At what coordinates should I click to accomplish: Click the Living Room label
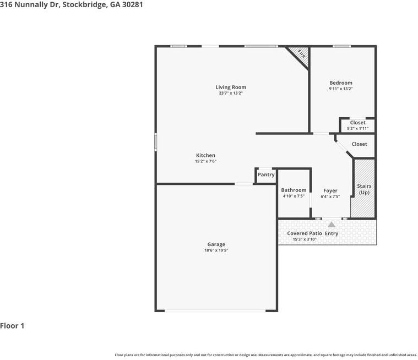(x=231, y=87)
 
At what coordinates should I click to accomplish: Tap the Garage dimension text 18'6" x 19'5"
(x=216, y=250)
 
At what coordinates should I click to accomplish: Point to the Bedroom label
(x=341, y=83)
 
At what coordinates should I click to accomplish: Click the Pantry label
(x=266, y=174)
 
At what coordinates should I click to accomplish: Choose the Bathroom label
(x=294, y=190)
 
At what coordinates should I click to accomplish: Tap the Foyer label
(x=330, y=190)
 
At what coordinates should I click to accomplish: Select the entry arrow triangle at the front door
(x=331, y=225)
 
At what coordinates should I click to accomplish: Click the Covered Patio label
(x=304, y=233)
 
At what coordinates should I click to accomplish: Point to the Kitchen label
(x=205, y=155)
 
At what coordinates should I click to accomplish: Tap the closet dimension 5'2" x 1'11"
(x=357, y=129)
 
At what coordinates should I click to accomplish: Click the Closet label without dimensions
(x=359, y=144)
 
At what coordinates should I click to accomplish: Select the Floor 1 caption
(x=12, y=326)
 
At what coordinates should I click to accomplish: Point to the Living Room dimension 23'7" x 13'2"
(x=231, y=93)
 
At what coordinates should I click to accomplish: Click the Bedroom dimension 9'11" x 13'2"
(x=341, y=89)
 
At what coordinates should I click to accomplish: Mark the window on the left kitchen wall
(x=155, y=142)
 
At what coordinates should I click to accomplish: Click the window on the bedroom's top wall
(x=341, y=46)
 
